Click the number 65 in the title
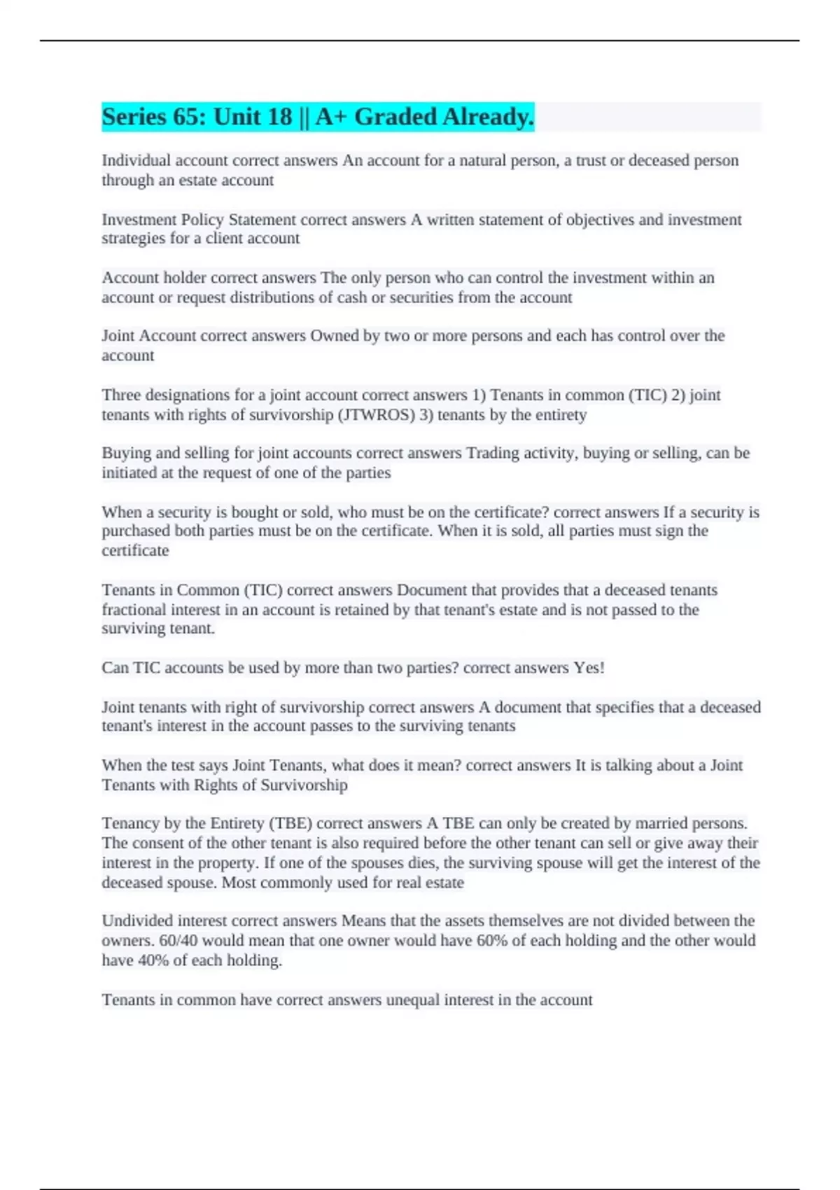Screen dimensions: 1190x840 (x=188, y=117)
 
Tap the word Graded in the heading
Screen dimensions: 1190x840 (x=395, y=117)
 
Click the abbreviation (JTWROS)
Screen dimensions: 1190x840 (x=376, y=414)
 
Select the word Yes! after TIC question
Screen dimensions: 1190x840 (x=589, y=668)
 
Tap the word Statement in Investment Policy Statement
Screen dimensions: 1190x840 (x=262, y=220)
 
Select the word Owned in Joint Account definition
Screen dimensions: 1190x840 (x=334, y=336)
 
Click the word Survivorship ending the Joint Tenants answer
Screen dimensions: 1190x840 (x=304, y=785)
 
